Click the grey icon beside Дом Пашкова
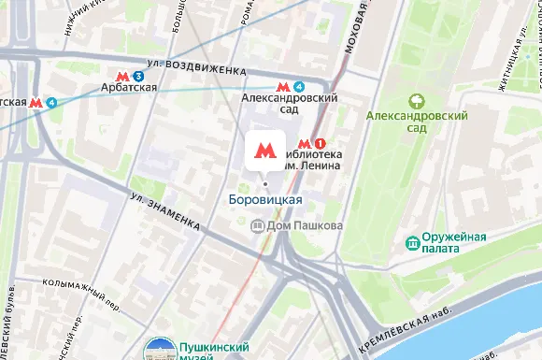(x=259, y=225)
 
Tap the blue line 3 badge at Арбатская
(x=138, y=75)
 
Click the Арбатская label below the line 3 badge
(x=129, y=89)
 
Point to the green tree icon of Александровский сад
(x=417, y=100)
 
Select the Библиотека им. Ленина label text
(x=306, y=160)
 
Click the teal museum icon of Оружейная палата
(x=411, y=244)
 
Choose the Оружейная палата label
(x=454, y=243)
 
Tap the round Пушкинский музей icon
(x=157, y=351)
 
